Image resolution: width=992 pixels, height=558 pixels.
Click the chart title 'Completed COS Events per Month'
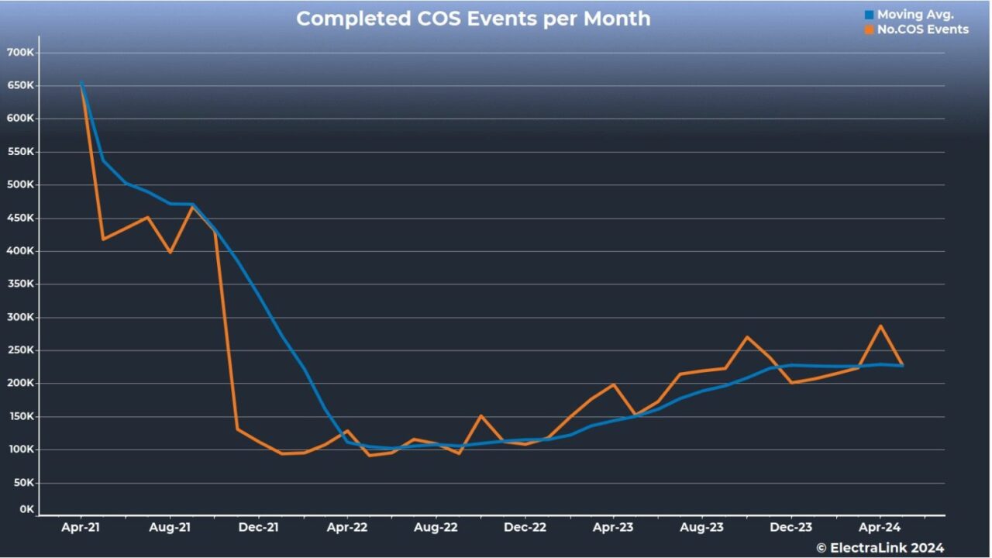click(473, 19)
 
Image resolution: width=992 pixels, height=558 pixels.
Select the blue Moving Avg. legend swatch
click(869, 15)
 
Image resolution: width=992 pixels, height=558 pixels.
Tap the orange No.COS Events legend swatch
click(869, 29)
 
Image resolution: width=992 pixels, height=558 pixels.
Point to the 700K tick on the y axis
click(20, 53)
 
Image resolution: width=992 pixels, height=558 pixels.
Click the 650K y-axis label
click(20, 86)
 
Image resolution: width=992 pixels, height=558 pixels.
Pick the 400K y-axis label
click(20, 251)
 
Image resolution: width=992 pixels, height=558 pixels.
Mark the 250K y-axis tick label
click(20, 350)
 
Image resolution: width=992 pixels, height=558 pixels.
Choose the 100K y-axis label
click(20, 449)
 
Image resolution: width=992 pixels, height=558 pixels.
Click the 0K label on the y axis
click(27, 510)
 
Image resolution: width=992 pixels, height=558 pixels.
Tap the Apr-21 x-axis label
click(81, 528)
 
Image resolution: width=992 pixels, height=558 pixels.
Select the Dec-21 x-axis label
click(258, 528)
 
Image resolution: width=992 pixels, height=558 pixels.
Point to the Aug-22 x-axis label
click(436, 528)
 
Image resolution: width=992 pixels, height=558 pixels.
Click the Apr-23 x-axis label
click(614, 528)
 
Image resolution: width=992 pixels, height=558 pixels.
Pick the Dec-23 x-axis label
click(791, 528)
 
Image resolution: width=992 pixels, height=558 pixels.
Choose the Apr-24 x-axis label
click(880, 528)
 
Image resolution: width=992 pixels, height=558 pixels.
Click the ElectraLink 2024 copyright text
click(880, 548)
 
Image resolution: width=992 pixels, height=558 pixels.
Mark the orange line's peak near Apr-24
click(880, 326)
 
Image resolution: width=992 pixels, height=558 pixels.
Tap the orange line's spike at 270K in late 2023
click(747, 337)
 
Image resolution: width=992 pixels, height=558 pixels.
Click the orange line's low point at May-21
click(103, 239)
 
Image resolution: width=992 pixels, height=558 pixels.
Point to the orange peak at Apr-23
click(614, 384)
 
